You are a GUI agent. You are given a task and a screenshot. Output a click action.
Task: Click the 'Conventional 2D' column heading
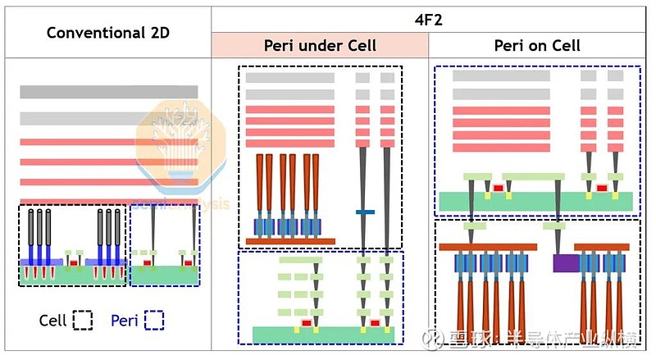107,33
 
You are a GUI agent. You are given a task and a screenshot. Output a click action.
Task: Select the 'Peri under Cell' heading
320,45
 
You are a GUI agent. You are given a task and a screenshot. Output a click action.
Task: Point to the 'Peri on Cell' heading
537,45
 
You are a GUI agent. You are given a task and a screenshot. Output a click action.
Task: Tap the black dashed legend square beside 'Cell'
82,320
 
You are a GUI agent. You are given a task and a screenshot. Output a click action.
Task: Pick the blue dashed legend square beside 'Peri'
154,320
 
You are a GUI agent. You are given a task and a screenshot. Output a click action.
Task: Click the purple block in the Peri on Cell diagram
566,263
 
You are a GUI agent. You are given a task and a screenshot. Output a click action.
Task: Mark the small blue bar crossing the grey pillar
365,212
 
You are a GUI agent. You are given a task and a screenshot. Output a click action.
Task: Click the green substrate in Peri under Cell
323,335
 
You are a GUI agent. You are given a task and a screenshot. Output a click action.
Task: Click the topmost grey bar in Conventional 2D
109,92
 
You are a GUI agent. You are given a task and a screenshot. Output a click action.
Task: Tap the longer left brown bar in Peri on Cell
487,246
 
